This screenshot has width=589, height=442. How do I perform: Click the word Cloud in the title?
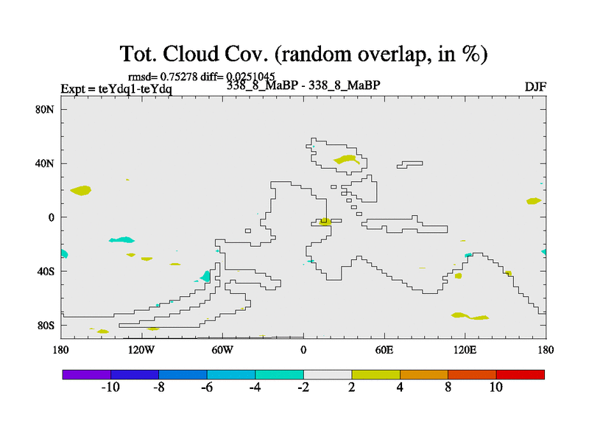tap(207, 54)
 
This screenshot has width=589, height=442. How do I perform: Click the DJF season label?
tap(535, 86)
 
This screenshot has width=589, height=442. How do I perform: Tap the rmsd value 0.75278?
tap(177, 77)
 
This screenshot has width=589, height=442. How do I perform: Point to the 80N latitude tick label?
tap(46, 109)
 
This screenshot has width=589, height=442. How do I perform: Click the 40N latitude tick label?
tap(46, 163)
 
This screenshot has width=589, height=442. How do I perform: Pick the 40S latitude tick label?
tap(46, 271)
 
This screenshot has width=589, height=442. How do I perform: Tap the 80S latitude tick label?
tap(46, 325)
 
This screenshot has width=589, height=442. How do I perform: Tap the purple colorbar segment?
tap(87, 374)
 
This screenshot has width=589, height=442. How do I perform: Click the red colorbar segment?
tap(521, 374)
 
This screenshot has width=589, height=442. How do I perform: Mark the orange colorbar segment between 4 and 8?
tap(424, 374)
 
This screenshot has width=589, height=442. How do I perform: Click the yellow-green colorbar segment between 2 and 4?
tap(376, 374)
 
